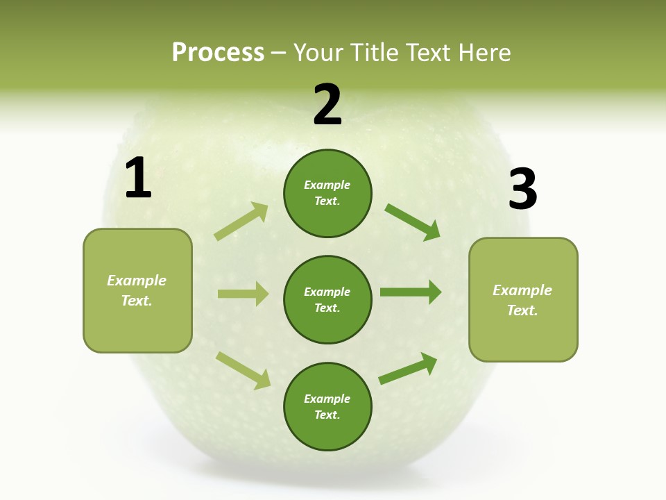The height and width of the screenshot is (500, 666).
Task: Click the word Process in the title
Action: point(218,53)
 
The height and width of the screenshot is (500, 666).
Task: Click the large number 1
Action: point(138,178)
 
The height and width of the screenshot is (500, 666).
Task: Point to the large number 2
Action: point(327,105)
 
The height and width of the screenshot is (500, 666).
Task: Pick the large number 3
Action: point(523,189)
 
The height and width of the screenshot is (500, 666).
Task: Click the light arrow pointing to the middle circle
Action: point(243,294)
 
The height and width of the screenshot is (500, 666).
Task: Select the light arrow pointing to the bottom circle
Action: point(244,370)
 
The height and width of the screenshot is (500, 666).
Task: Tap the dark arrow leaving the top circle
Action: point(413,222)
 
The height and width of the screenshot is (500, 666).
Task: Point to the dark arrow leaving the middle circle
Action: point(411,292)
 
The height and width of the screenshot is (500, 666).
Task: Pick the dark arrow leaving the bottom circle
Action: point(408,368)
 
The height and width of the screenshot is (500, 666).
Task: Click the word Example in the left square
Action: point(137,281)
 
